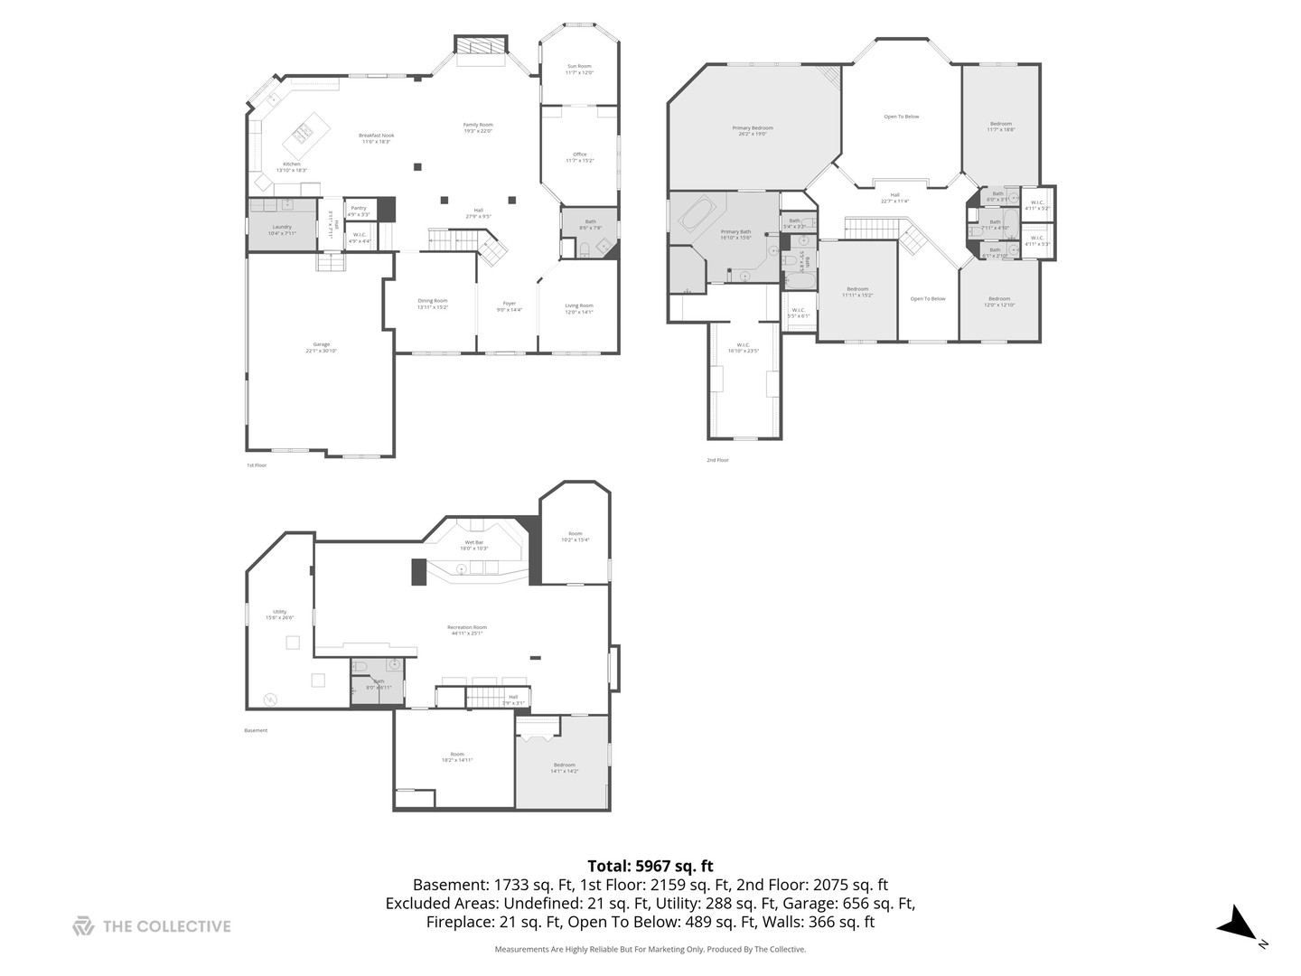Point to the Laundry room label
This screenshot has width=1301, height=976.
(x=282, y=230)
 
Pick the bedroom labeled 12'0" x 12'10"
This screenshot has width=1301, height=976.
(x=998, y=301)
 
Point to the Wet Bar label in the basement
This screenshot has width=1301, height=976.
(x=474, y=545)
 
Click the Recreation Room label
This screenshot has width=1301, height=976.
(x=466, y=630)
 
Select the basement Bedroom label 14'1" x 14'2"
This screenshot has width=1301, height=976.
(x=564, y=768)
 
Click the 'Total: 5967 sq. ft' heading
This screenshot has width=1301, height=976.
(x=650, y=867)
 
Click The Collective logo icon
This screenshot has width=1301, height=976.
(x=83, y=926)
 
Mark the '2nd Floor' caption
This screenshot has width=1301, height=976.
(x=717, y=460)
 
